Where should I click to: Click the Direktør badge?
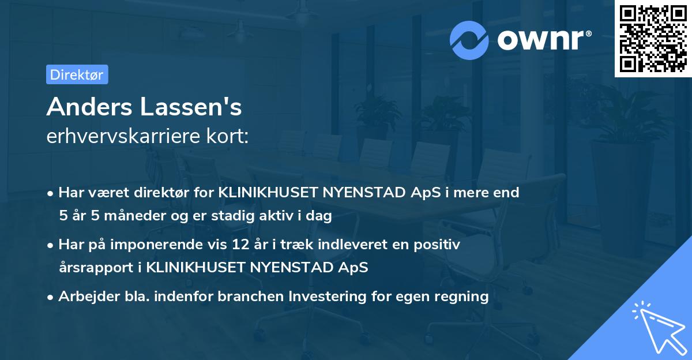(77, 74)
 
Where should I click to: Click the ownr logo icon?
(469, 39)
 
